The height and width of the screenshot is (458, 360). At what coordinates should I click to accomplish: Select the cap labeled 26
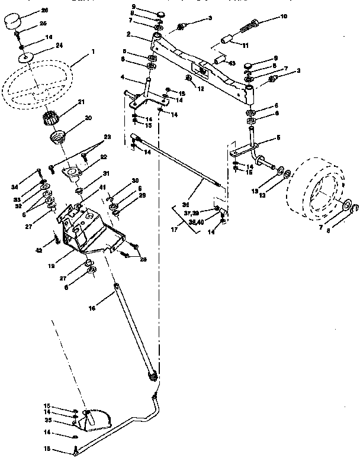click(12, 22)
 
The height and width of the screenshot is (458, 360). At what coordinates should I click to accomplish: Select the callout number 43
click(232, 63)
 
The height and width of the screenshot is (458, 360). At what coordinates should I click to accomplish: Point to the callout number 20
click(88, 118)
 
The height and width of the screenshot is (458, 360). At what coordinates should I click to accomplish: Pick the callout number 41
click(86, 187)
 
